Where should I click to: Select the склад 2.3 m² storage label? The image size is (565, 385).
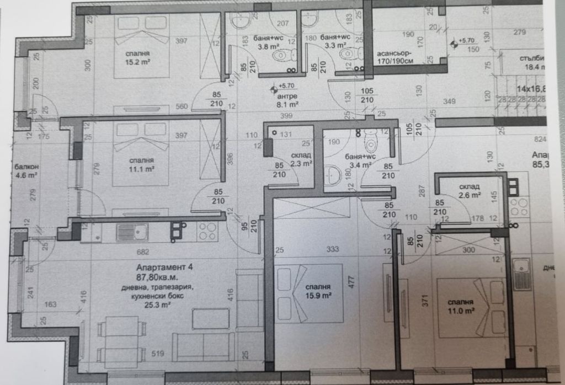point(301,159)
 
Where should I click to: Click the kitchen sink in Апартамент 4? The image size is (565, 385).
point(132,232)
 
